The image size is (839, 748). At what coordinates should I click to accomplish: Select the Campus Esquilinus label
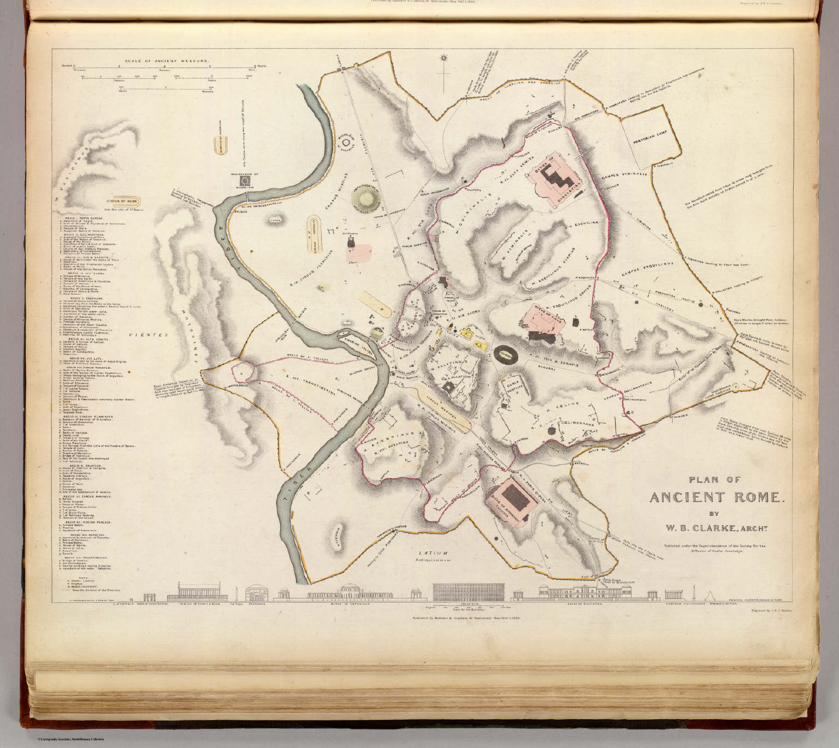tap(647, 265)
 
